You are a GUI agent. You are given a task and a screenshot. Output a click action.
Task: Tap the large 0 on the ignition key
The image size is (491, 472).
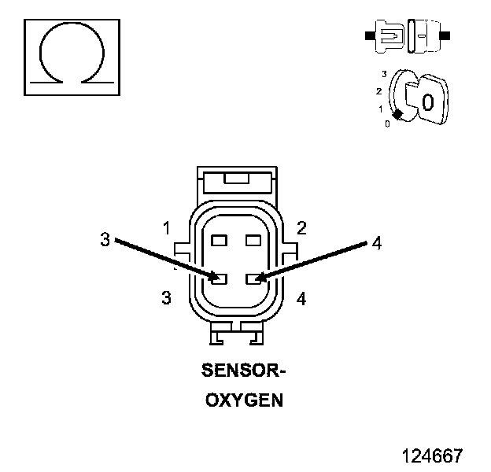(x=427, y=101)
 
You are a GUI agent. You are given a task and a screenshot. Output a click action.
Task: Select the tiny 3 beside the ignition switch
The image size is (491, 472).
(x=383, y=73)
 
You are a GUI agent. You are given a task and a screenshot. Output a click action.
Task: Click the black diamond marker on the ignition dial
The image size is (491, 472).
(x=398, y=115)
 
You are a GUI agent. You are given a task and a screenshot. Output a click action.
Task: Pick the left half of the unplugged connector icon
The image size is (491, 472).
(x=388, y=36)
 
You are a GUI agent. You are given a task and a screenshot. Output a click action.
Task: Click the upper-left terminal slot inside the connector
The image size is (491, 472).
(x=220, y=239)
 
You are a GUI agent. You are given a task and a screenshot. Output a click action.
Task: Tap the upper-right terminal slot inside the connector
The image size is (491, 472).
(x=253, y=239)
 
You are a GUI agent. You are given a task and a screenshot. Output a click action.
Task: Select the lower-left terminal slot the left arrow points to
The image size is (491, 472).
(x=220, y=278)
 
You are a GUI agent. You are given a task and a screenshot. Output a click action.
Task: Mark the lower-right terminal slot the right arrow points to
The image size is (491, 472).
(x=253, y=278)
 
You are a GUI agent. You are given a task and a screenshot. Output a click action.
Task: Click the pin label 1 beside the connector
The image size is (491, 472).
(x=166, y=228)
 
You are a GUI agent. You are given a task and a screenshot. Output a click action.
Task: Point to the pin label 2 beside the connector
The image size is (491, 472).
(x=301, y=228)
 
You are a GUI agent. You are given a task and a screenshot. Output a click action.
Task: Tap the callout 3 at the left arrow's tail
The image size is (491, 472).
(x=105, y=239)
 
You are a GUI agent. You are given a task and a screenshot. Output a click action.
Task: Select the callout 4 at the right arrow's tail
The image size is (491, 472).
(x=376, y=244)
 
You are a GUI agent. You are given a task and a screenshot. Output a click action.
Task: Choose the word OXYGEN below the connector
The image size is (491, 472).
(x=244, y=400)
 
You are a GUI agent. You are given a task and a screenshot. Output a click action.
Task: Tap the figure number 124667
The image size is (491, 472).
(x=432, y=455)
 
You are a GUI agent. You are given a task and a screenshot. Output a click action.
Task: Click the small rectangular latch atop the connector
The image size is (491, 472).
(x=236, y=179)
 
